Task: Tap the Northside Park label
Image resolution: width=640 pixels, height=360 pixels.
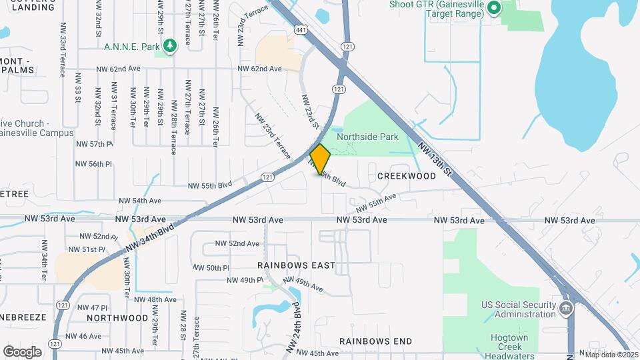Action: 367,137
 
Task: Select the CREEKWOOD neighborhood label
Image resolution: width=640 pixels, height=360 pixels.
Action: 406,176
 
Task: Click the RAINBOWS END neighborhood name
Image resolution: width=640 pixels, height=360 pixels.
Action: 375,341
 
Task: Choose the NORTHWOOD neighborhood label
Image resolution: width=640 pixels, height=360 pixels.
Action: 117,317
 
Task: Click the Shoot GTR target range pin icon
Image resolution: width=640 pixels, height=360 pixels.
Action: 494,9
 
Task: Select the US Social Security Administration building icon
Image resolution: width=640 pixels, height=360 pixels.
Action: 565,308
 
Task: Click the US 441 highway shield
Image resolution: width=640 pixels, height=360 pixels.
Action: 301,29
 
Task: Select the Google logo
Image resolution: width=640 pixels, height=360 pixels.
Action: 22,351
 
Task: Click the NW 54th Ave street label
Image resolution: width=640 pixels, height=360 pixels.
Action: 140,201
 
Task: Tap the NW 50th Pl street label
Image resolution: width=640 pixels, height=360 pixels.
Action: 213,267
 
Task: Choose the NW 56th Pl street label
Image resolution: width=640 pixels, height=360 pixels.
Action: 94,163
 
